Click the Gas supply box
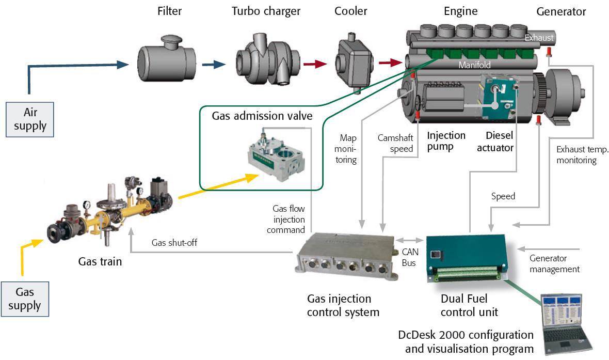pos(24,299)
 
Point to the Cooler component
pos(354,61)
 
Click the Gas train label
pos(100,261)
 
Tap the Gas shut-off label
pos(174,243)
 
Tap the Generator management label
pos(555,263)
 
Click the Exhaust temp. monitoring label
pos(576,154)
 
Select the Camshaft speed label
pos(395,143)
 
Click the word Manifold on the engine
pos(474,66)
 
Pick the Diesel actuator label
pos(499,142)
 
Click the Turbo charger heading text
pos(266,11)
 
